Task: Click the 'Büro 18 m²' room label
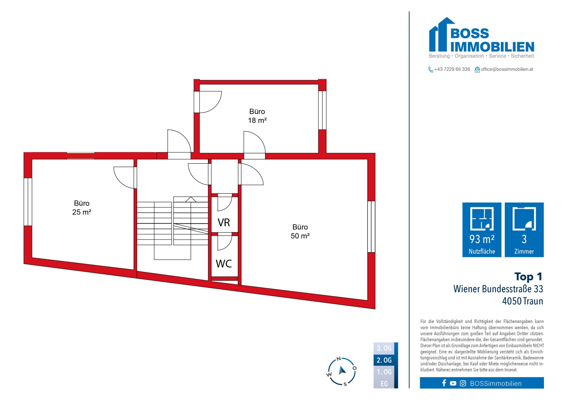[x=257, y=116]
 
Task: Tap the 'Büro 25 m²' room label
[x=82, y=208]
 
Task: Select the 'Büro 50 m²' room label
[x=300, y=231]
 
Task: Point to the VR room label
[x=224, y=223]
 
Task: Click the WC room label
[x=224, y=264]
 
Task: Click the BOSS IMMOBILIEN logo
[x=481, y=37]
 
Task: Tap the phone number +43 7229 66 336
[x=452, y=69]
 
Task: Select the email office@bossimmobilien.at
[x=507, y=69]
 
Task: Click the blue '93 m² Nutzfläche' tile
[x=482, y=230]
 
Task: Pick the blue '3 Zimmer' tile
[x=524, y=230]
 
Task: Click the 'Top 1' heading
[x=528, y=277]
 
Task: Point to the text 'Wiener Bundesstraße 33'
[x=498, y=289]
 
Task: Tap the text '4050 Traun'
[x=522, y=301]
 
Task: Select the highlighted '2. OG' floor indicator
[x=384, y=360]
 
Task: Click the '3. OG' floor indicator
[x=384, y=348]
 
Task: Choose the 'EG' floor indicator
[x=384, y=384]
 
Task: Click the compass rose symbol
[x=342, y=371]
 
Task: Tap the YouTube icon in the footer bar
[x=453, y=383]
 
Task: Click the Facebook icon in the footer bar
[x=444, y=383]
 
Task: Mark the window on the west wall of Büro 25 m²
[x=28, y=202]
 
